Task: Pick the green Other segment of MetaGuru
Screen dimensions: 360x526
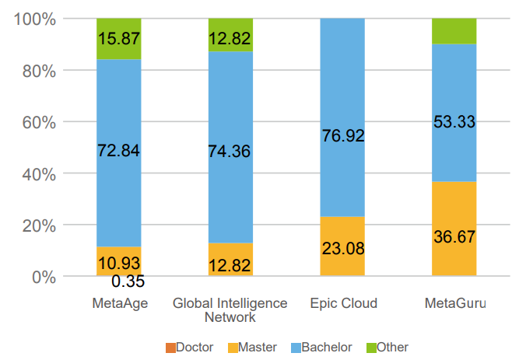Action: tap(454, 31)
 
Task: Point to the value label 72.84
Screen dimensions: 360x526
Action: tap(118, 151)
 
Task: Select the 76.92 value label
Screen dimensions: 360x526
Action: tap(342, 135)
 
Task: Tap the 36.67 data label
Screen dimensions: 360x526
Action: tap(454, 237)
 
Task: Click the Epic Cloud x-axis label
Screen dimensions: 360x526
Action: tap(342, 303)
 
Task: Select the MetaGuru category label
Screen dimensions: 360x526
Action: tap(454, 303)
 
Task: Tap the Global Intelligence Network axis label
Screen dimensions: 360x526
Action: tap(230, 309)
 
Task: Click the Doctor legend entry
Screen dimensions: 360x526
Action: tap(189, 348)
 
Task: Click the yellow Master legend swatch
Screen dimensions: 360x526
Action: tap(232, 348)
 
